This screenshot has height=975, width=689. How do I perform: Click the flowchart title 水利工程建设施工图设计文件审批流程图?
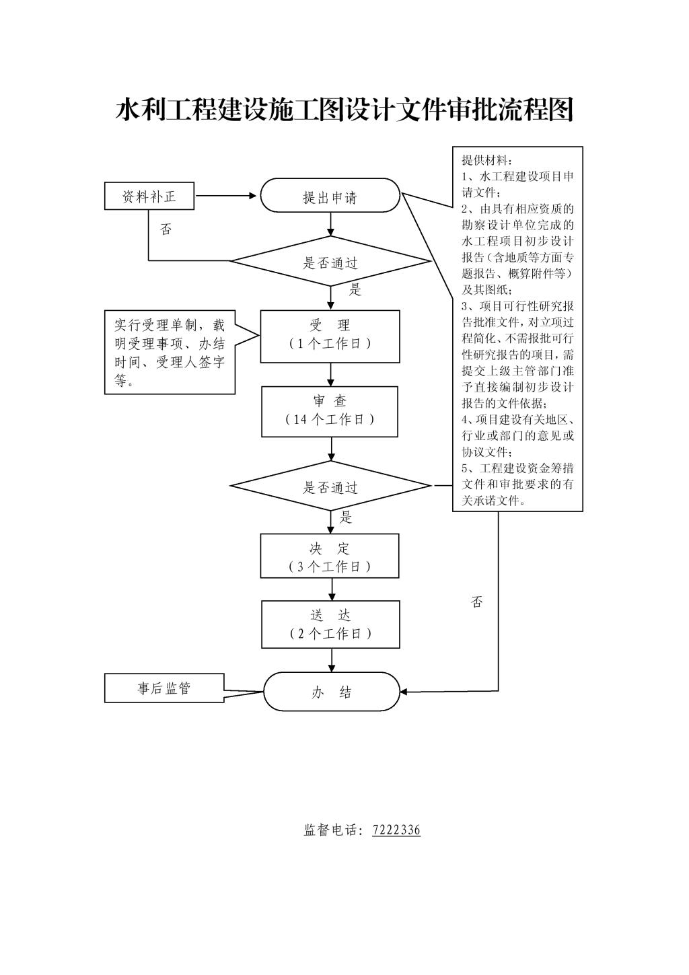pyautogui.click(x=344, y=110)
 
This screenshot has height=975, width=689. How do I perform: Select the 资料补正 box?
pyautogui.click(x=149, y=196)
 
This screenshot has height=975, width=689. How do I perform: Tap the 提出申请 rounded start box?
pyautogui.click(x=330, y=196)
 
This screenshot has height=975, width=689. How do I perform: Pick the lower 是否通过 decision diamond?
pyautogui.click(x=330, y=486)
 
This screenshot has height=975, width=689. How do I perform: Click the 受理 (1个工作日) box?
pyautogui.click(x=330, y=335)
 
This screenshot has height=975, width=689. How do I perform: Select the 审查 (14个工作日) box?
pyautogui.click(x=330, y=410)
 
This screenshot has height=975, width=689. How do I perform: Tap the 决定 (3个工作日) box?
pyautogui.click(x=330, y=557)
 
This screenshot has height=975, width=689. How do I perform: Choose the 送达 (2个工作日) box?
pyautogui.click(x=330, y=624)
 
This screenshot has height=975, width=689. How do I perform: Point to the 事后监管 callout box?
pyautogui.click(x=164, y=688)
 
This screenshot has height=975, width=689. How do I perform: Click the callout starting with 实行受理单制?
pyautogui.click(x=170, y=352)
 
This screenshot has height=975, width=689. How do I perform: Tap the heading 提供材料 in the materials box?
pyautogui.click(x=487, y=160)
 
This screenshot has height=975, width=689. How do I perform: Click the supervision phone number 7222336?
pyautogui.click(x=396, y=830)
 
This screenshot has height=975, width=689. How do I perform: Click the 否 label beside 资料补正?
pyautogui.click(x=166, y=230)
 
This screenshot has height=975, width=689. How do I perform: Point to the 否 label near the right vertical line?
pyautogui.click(x=477, y=602)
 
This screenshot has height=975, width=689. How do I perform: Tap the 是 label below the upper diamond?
pyautogui.click(x=355, y=290)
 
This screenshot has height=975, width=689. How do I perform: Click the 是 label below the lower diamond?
pyautogui.click(x=346, y=517)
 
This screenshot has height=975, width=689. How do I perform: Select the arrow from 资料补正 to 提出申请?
pyautogui.click(x=226, y=196)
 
